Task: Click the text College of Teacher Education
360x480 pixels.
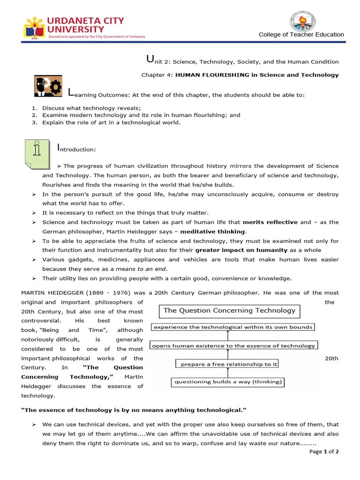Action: click(x=301, y=35)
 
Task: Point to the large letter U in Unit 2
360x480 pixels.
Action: click(x=150, y=59)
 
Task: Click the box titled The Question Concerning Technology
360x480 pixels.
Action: click(x=229, y=310)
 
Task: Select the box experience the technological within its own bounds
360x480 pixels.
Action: click(x=232, y=327)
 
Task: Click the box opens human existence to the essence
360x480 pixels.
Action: click(x=233, y=345)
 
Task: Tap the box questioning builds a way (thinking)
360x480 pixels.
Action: click(x=228, y=382)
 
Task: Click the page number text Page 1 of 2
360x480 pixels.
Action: click(x=324, y=452)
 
